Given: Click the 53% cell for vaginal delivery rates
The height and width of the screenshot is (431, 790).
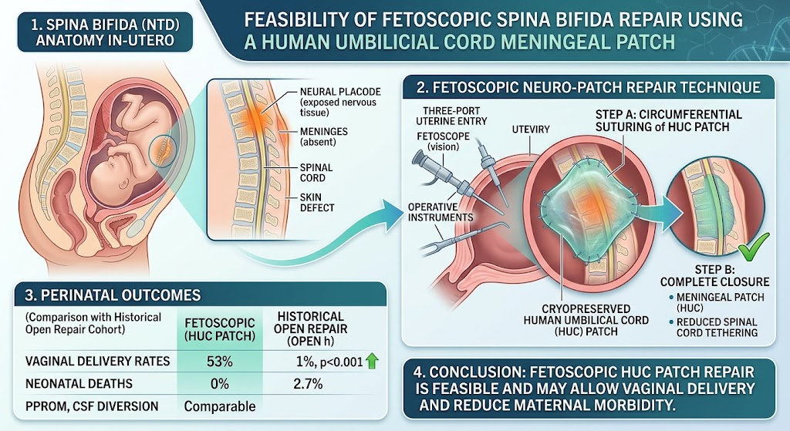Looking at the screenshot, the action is [x=220, y=362].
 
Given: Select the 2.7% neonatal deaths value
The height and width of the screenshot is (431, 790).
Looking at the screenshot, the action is [x=308, y=384].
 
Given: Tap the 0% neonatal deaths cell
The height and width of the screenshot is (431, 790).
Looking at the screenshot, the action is [x=220, y=384].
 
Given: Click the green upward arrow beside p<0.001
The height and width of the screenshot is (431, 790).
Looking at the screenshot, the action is [x=372, y=361].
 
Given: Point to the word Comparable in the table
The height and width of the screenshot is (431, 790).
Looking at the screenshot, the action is [x=220, y=406].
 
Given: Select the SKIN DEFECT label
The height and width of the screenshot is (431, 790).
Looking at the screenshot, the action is [x=317, y=203].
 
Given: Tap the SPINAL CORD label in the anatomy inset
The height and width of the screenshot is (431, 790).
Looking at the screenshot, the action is [x=316, y=173].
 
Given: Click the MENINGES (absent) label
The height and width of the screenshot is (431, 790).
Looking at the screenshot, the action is [x=323, y=136].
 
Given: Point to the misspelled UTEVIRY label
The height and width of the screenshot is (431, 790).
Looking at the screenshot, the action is [x=531, y=130].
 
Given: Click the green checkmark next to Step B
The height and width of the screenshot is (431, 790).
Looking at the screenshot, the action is [x=754, y=246].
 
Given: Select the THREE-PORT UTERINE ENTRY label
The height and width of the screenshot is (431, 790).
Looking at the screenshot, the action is [x=451, y=116].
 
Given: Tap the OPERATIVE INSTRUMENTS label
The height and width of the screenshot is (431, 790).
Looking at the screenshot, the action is [x=441, y=212].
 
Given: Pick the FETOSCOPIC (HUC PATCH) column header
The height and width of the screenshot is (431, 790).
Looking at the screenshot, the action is [x=220, y=329].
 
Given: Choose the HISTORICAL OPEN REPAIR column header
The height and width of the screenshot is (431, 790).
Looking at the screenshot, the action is [x=310, y=328].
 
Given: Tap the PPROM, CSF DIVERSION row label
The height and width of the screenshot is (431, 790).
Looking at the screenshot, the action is [x=92, y=406].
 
